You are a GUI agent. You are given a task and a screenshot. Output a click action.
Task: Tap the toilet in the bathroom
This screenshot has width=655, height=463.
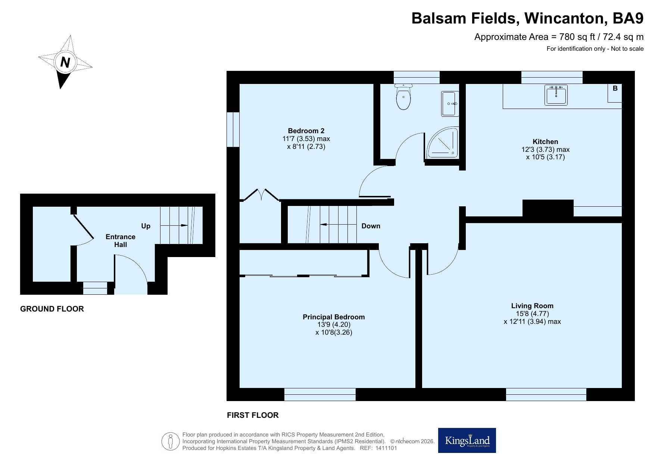(403, 97)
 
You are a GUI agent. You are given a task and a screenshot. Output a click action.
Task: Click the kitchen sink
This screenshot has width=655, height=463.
(556, 95)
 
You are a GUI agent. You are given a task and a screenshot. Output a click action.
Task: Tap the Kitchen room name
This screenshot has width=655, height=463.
(545, 141)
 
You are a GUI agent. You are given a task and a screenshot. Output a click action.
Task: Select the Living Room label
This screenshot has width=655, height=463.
(532, 306)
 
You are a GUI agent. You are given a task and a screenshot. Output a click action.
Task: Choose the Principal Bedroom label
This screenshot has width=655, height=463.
(334, 317)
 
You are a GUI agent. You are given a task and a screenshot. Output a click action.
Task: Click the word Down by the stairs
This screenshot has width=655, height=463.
(371, 226)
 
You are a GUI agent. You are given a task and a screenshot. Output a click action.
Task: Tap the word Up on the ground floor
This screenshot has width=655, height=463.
(146, 226)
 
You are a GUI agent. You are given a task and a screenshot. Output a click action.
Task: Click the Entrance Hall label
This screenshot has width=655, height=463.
(121, 241)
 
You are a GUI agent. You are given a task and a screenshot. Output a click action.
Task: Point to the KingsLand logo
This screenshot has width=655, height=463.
(467, 440)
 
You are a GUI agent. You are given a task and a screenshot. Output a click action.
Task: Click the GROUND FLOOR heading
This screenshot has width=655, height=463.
(52, 309)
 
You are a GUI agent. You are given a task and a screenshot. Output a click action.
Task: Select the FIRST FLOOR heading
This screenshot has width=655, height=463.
(253, 415)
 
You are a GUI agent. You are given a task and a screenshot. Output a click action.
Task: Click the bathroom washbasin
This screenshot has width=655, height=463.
(450, 103)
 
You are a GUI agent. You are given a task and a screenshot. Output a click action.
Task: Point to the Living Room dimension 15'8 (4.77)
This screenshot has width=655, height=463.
(532, 313)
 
